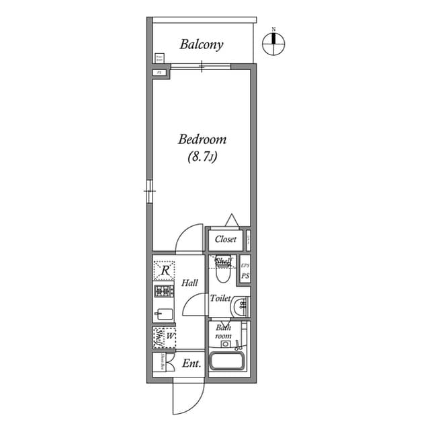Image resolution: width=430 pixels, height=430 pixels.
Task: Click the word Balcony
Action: [x=201, y=45]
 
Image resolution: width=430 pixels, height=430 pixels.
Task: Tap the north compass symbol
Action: [x=273, y=42]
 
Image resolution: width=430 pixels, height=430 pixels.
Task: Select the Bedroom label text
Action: [x=202, y=140]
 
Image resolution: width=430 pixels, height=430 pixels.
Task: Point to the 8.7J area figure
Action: [x=202, y=157]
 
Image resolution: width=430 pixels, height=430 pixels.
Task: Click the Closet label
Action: [x=225, y=239]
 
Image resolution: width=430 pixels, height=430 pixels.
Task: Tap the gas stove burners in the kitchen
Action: [x=164, y=291]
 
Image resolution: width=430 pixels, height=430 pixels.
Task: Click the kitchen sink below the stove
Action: [x=163, y=313]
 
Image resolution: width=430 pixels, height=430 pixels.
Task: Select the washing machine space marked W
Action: [x=165, y=337]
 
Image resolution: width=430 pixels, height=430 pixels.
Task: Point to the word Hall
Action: [x=189, y=283]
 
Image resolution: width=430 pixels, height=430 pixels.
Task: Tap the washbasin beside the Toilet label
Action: [x=240, y=307]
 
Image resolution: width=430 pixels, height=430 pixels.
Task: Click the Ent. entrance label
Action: [x=191, y=364]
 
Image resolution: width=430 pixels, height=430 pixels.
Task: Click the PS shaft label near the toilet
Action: [x=245, y=276]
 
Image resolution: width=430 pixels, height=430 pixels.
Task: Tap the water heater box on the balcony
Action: [x=159, y=59]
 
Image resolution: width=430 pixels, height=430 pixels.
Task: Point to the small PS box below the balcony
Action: [x=159, y=72]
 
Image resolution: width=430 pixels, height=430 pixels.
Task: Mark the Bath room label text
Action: [x=223, y=331]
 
